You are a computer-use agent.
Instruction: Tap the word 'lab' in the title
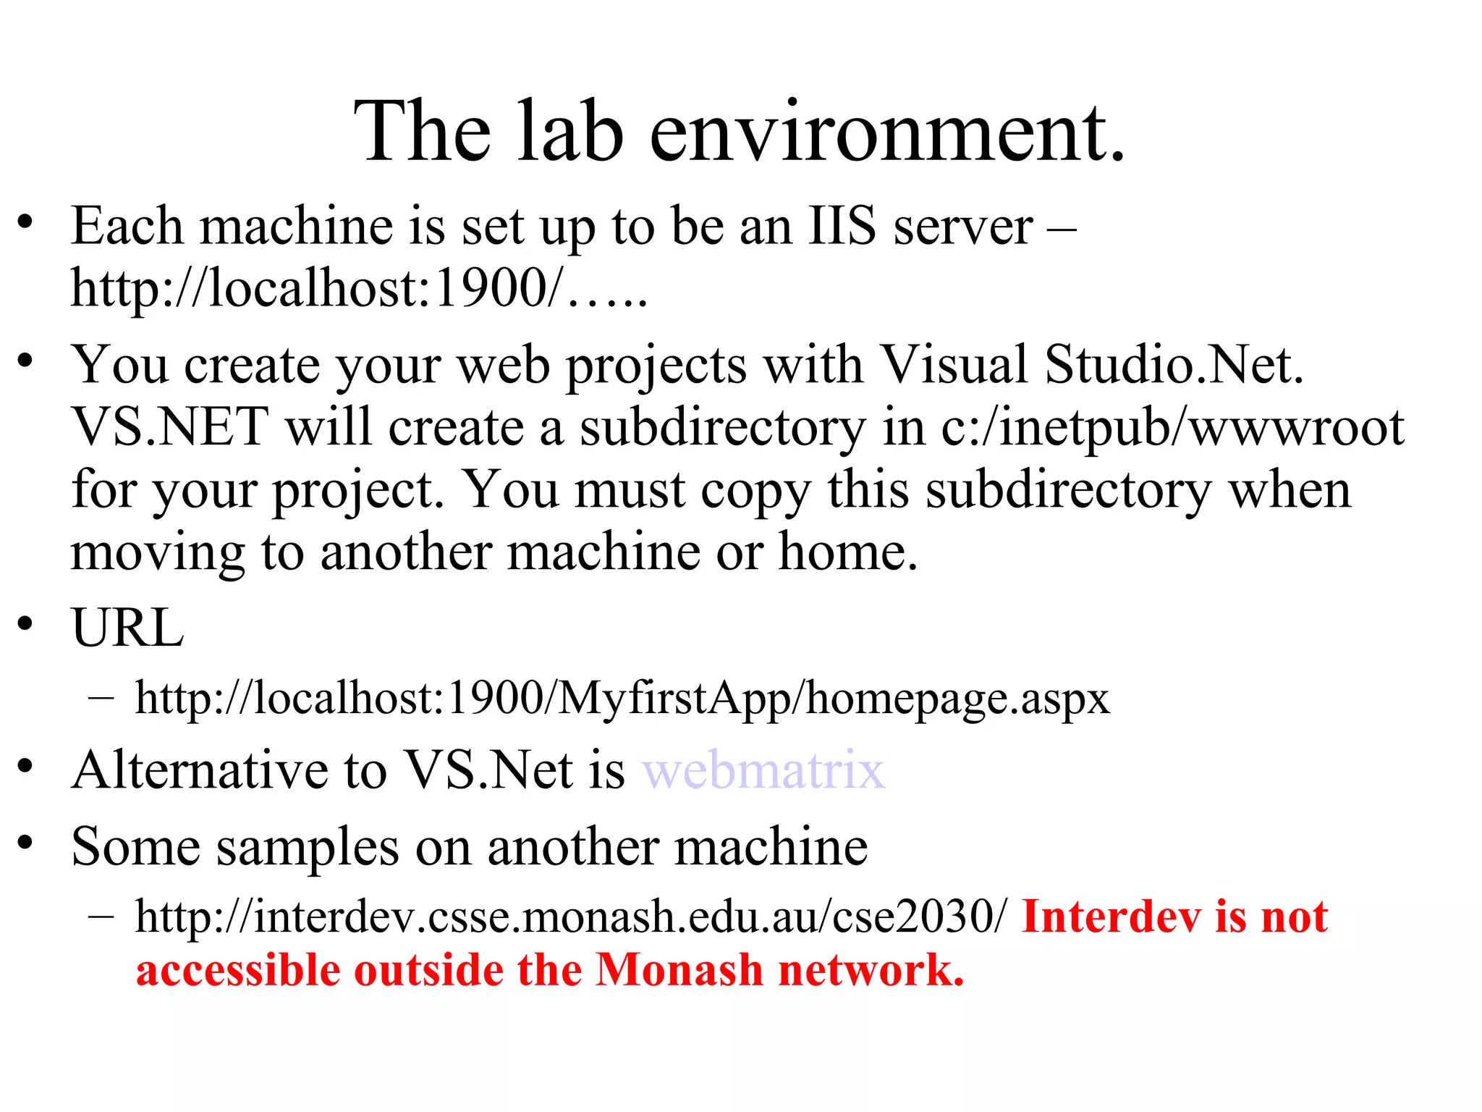570,132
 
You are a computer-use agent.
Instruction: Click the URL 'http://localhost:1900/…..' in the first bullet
359,289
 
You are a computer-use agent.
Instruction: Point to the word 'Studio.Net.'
1174,364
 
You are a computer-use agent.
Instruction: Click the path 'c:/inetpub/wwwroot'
1172,427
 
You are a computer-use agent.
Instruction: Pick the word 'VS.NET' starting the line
170,427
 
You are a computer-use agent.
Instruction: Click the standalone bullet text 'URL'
127,628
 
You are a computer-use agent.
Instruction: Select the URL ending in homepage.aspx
622,699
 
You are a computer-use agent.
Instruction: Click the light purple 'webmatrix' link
763,770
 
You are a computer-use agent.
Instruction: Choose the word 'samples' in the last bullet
307,847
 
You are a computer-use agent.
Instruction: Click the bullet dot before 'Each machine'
26,222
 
